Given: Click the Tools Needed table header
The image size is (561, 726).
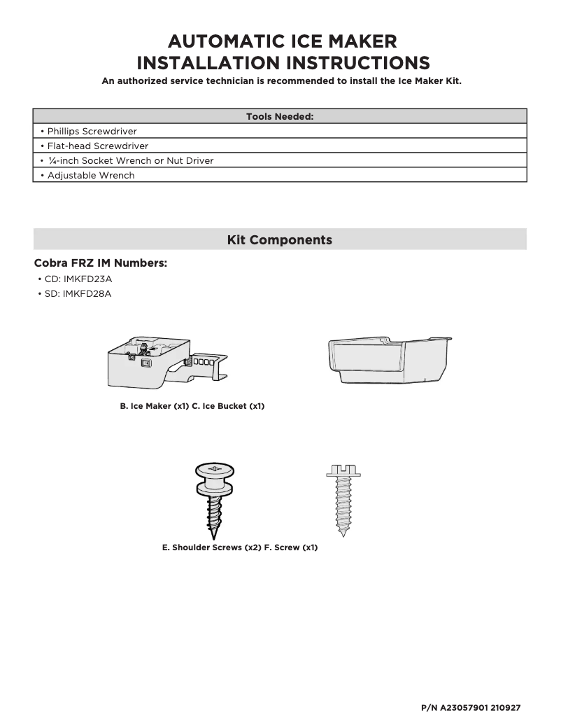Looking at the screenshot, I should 280,116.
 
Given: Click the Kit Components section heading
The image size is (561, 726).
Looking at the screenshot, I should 280,240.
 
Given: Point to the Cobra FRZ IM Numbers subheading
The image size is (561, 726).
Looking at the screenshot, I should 100,264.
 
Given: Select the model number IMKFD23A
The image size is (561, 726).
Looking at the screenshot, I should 87,279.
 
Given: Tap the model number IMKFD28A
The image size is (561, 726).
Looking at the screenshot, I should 87,293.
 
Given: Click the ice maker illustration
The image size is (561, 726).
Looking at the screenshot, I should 164,361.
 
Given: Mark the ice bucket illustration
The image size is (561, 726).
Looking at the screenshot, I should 388,358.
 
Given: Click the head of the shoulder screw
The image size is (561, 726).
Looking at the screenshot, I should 215,468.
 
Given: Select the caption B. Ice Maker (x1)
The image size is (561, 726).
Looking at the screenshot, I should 155,406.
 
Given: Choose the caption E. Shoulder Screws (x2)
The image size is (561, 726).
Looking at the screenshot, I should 211,547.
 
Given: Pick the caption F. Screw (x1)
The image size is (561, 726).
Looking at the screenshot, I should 291,547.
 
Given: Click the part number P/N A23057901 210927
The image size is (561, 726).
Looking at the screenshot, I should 471,708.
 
